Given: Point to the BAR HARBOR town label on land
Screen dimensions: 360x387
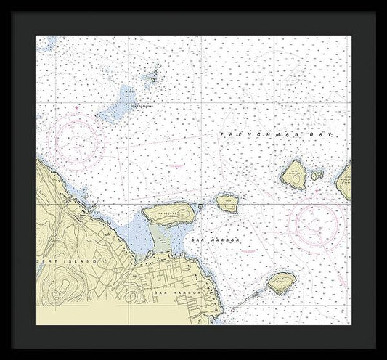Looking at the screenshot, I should tap(171, 292).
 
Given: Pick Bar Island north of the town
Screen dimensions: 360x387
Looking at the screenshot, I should tap(169, 213).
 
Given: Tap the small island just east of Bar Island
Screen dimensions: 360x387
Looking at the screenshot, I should tap(227, 202).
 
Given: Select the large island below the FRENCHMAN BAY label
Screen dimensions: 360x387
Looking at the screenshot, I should tap(294, 175).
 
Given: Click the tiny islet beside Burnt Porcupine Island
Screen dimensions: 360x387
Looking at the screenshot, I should tap(317, 175).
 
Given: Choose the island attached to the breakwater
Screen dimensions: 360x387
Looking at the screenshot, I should tap(280, 282).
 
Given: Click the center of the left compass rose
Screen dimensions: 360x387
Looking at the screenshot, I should tap(75, 136).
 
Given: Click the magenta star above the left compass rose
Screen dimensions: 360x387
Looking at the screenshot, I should tap(75, 107).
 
